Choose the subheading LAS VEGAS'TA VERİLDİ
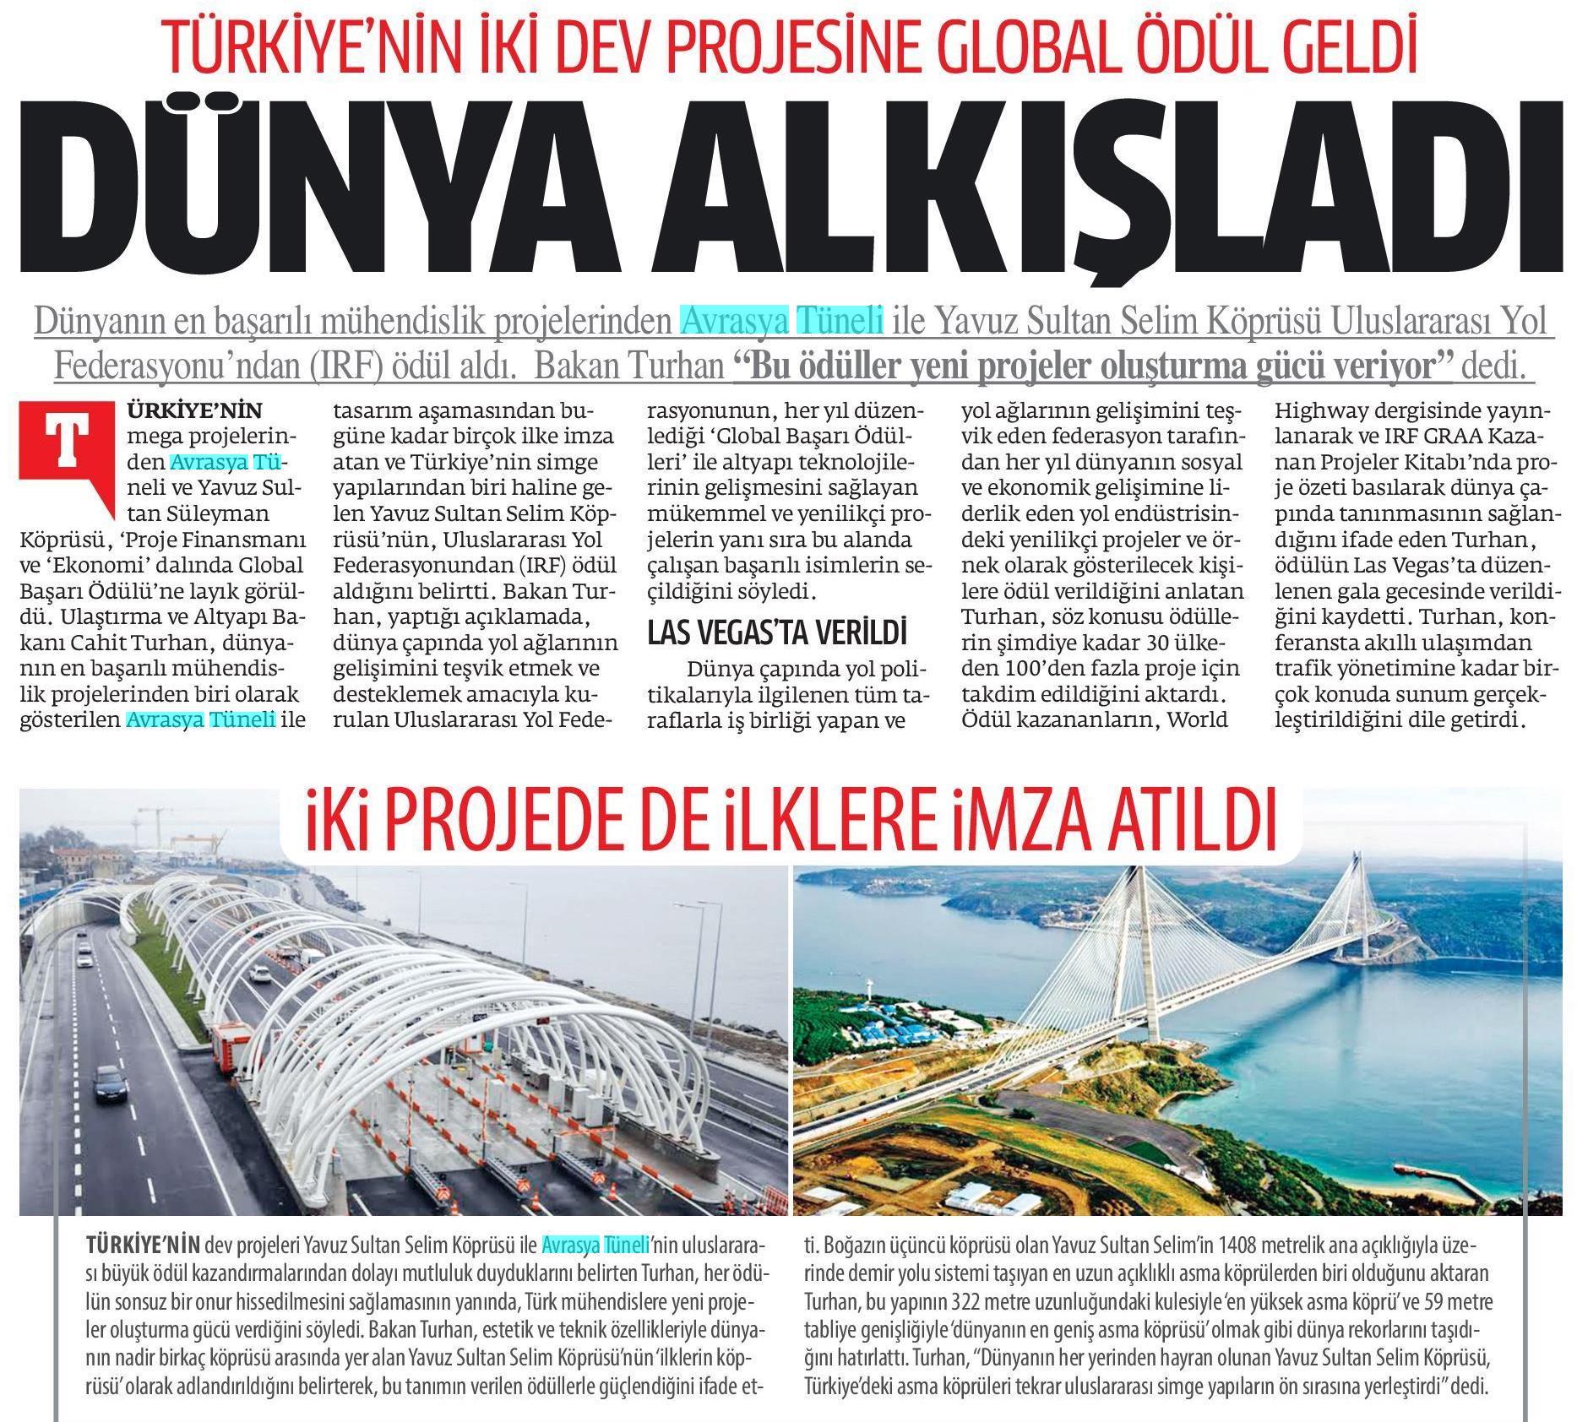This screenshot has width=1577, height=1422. coord(777,632)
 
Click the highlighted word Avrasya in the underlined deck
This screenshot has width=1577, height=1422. coord(734,322)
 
